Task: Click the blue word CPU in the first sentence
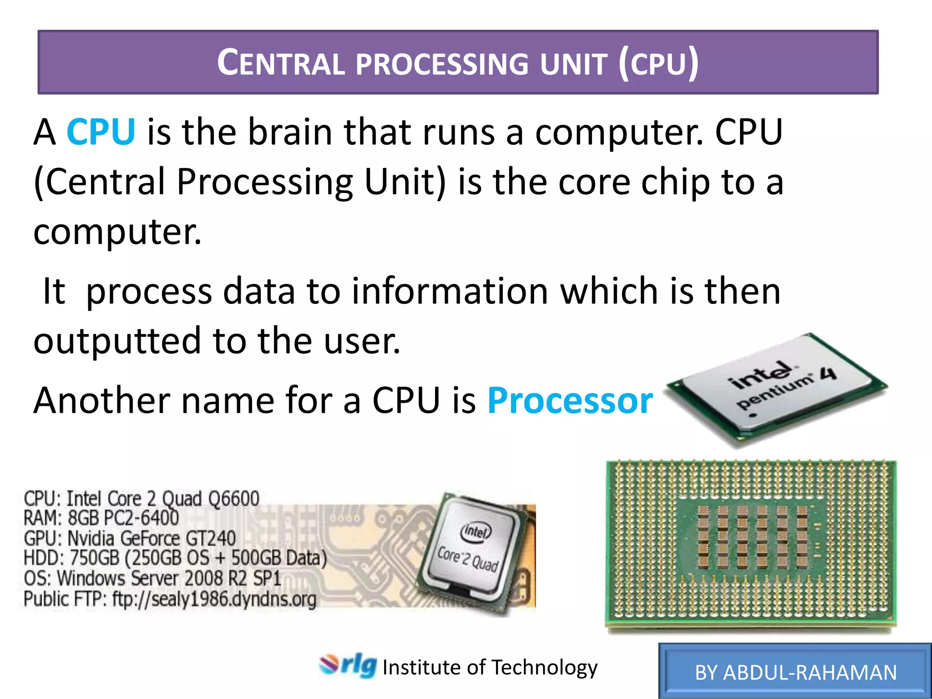101,132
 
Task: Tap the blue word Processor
570,400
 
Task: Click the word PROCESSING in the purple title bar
441,64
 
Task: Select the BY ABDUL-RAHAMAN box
795,672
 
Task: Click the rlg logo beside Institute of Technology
348,666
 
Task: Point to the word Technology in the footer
544,668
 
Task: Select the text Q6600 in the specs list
233,498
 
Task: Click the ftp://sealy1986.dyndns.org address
214,599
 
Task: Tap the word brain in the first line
289,132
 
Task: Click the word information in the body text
450,291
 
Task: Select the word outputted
117,341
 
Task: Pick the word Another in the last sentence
101,400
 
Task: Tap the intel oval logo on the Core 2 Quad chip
476,531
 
